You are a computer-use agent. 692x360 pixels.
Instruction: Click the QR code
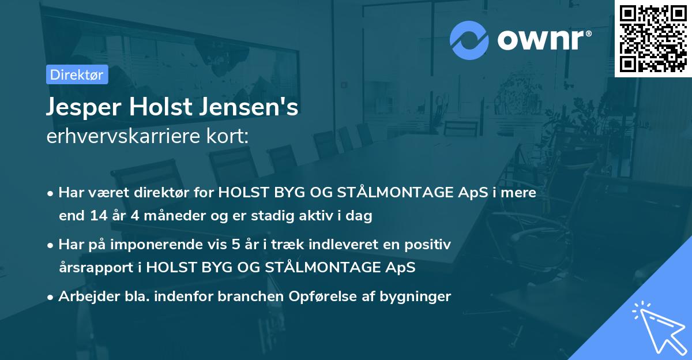653,39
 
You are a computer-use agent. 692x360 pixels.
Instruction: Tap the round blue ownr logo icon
469,40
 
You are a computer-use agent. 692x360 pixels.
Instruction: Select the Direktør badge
77,74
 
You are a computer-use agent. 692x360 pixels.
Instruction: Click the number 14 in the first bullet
98,216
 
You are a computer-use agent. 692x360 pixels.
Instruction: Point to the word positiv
427,245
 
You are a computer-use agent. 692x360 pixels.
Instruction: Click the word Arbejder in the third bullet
84,297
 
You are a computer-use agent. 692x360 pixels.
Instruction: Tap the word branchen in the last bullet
263,297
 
